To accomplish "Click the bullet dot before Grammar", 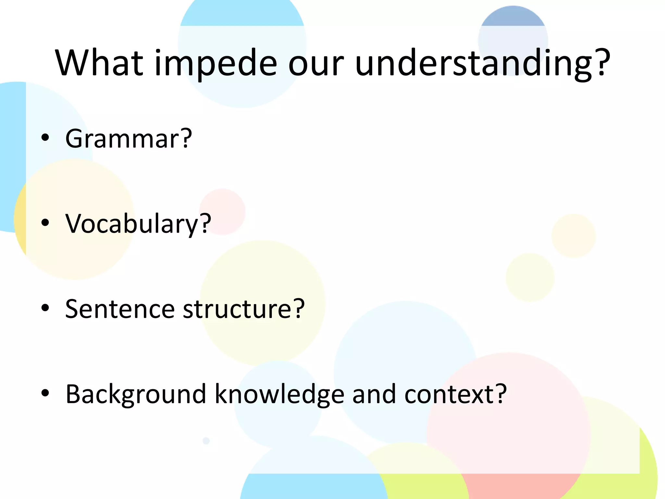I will pyautogui.click(x=45, y=137).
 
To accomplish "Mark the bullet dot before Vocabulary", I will pyautogui.click(x=45, y=223).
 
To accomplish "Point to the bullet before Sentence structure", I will pyautogui.click(x=45, y=307).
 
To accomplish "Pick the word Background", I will pyautogui.click(x=136, y=394).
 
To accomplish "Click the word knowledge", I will pyautogui.click(x=279, y=394).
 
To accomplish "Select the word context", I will pyautogui.click(x=450, y=394).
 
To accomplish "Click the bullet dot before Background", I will pyautogui.click(x=45, y=393).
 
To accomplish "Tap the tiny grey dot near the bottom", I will pyautogui.click(x=206, y=441).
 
